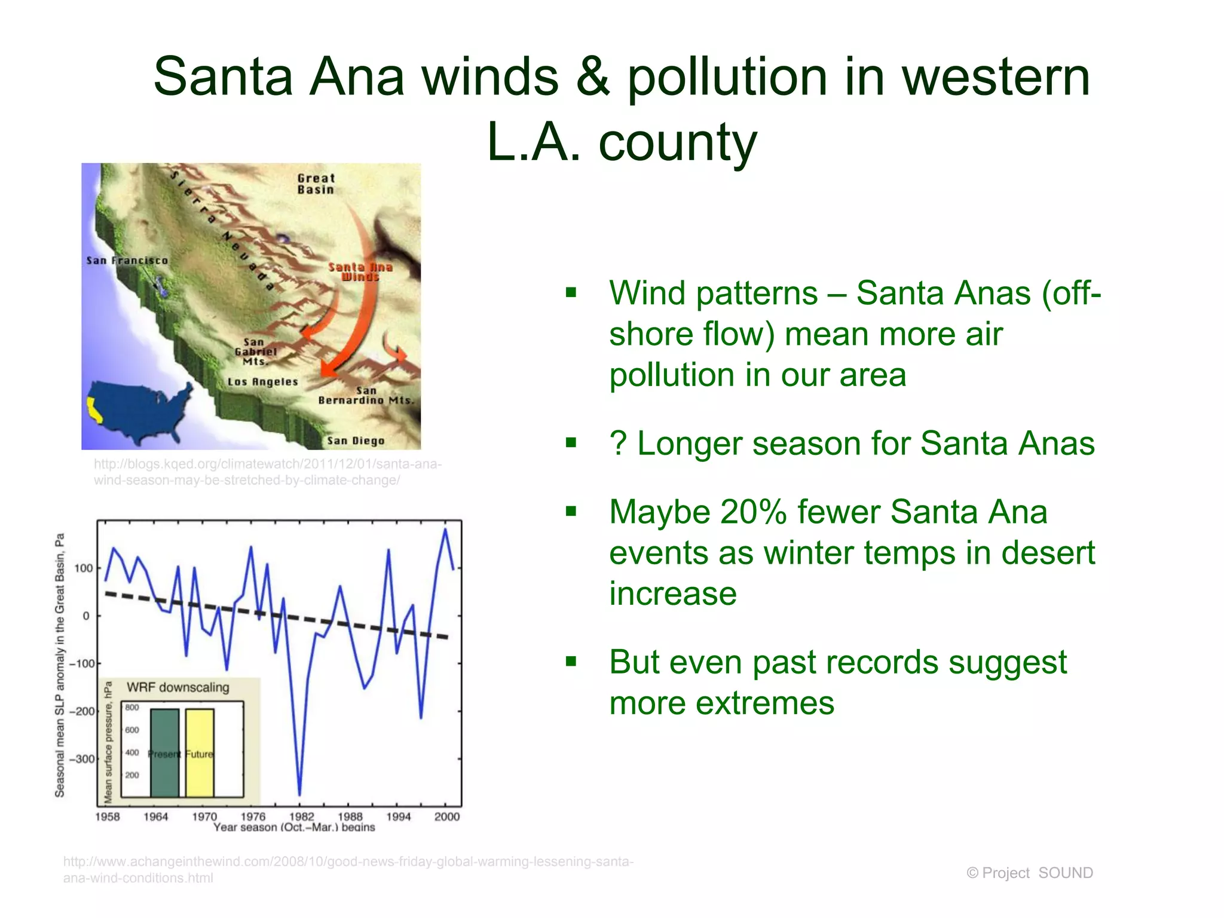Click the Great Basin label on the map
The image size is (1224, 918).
click(316, 183)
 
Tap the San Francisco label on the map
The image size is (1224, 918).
click(127, 261)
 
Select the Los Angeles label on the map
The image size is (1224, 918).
click(262, 382)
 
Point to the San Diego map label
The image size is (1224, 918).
click(356, 441)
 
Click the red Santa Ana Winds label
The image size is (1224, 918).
click(360, 271)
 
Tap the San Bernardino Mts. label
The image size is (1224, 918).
click(366, 396)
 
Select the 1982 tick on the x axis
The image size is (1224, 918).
click(301, 816)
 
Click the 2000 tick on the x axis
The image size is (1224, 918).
click(446, 816)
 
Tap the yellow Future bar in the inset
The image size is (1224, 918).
click(200, 753)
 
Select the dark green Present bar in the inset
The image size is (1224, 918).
click(164, 753)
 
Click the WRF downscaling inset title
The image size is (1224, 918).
click(178, 687)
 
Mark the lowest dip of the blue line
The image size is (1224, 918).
click(299, 794)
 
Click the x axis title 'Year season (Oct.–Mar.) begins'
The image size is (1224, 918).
click(294, 827)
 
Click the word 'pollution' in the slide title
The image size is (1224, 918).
click(727, 76)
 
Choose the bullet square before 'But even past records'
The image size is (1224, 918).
click(571, 662)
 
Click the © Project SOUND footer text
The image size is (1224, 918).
click(1029, 873)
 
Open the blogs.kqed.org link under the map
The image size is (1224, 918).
click(267, 472)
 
